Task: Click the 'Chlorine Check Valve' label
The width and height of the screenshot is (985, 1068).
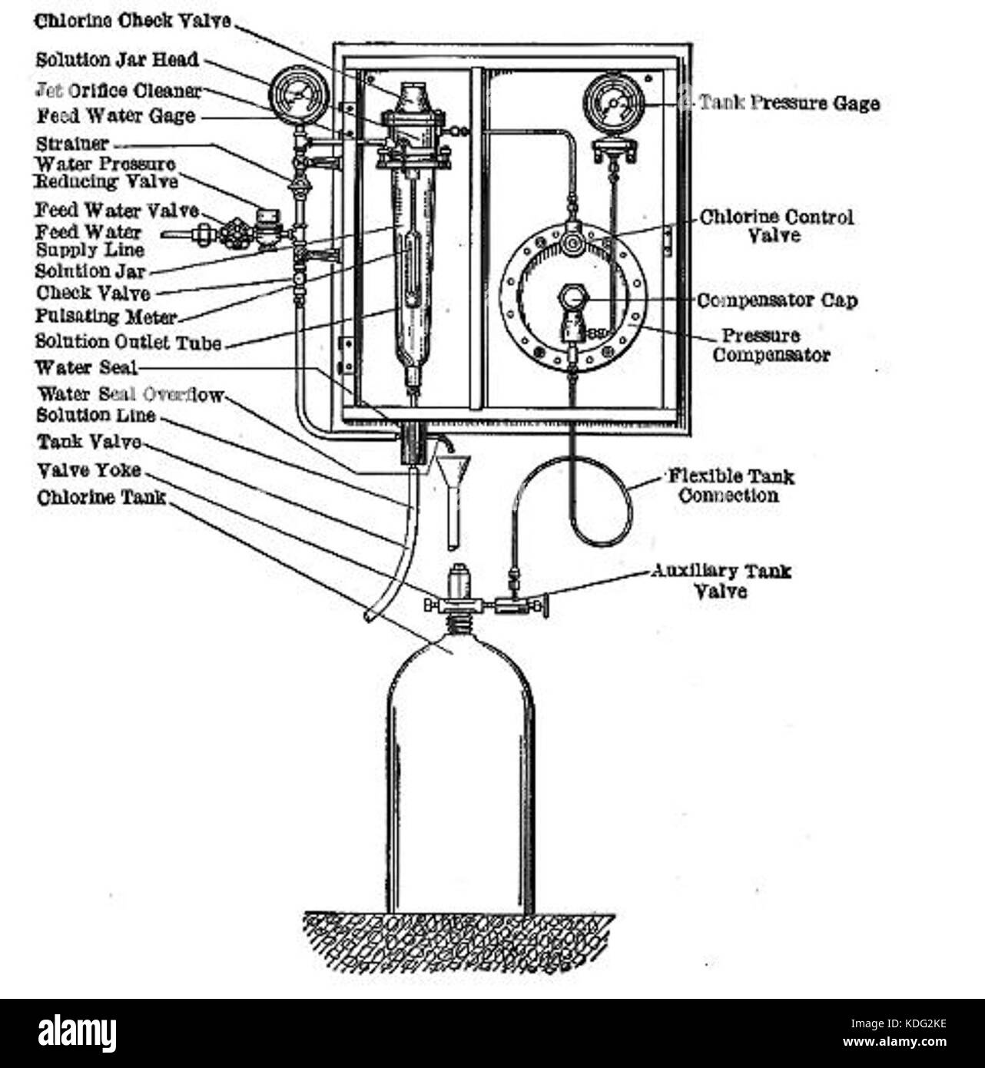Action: point(132,22)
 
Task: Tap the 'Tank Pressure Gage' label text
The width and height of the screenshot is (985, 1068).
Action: point(788,103)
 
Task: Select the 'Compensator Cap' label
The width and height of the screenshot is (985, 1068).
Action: point(776,300)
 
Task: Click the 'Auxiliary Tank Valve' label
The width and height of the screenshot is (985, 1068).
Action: point(720,581)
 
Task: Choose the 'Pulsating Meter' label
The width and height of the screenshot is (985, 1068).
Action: point(106,317)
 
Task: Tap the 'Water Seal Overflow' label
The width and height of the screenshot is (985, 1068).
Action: point(131,395)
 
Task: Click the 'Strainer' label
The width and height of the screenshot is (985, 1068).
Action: point(72,144)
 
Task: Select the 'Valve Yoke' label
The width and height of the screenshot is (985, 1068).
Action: point(88,470)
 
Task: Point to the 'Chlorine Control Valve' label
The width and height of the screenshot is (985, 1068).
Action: point(776,226)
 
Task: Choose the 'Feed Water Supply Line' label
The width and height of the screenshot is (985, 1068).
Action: point(89,241)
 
